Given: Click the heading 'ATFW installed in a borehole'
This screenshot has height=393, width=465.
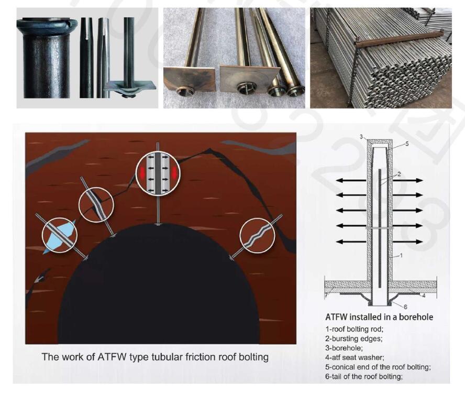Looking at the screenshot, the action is point(379,317).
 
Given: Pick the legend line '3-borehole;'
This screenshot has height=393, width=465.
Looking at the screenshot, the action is point(344,347).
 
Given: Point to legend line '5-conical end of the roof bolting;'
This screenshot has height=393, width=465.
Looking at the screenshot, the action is point(378,367).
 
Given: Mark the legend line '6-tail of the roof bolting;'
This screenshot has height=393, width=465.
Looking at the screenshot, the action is point(364,376).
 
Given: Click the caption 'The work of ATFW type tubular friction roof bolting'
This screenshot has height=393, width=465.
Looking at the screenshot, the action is point(155,356).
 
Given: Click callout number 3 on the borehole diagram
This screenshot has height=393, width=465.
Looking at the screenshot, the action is point(361,137).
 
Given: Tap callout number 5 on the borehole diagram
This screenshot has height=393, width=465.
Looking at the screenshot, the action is point(407,144).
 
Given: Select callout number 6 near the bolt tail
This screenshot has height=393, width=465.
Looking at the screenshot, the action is point(405,307).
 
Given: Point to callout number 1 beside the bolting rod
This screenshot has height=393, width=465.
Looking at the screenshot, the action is point(401,255).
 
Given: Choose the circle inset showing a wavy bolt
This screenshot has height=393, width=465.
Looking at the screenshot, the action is point(257,235).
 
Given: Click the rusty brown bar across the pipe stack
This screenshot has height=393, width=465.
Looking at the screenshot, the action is point(400,37).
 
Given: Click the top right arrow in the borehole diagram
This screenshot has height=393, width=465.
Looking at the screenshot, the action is point(408,180).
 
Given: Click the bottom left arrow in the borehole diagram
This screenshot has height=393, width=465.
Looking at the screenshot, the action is point(351,242).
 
